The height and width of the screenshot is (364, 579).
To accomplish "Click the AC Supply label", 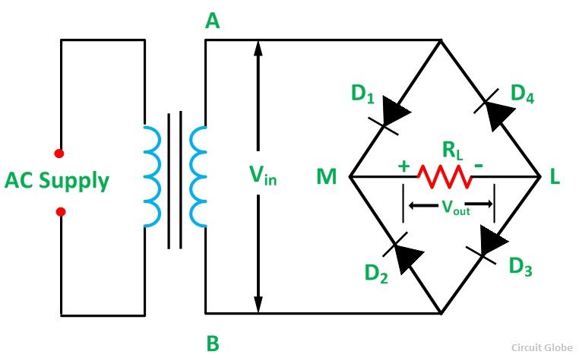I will coord(57,181).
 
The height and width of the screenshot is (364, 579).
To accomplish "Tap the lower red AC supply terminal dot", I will coord(61,211).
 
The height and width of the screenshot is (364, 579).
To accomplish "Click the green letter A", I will coord(213,22).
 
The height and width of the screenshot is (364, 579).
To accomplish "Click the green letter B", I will coord(213,344).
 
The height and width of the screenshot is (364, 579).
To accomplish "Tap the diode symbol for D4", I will coord(491,111).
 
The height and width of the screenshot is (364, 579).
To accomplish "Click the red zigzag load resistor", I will coord(445,178).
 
